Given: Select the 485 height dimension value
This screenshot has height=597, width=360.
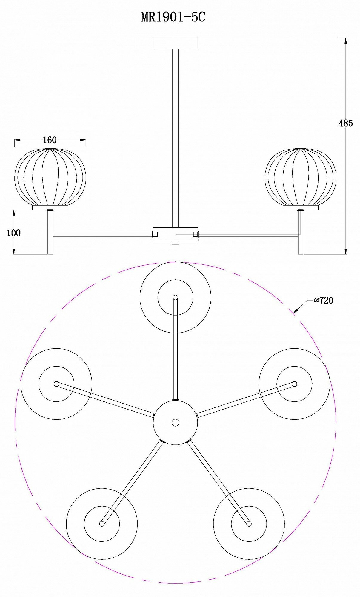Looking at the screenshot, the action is coord(346,123).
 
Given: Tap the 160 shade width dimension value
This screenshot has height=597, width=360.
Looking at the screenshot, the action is coord(50,140).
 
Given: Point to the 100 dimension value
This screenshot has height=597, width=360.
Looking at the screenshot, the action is coord(14,233).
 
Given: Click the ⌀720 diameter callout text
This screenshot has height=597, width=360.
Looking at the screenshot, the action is coord(324,300).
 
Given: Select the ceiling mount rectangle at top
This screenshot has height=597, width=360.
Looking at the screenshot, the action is coord(175,43).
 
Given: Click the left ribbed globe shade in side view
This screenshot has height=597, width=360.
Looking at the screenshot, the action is coord(50,177).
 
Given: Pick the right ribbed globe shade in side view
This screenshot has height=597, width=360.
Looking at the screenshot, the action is coord(301,177).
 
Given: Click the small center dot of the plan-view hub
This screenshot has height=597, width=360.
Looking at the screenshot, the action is coord(176,423).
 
